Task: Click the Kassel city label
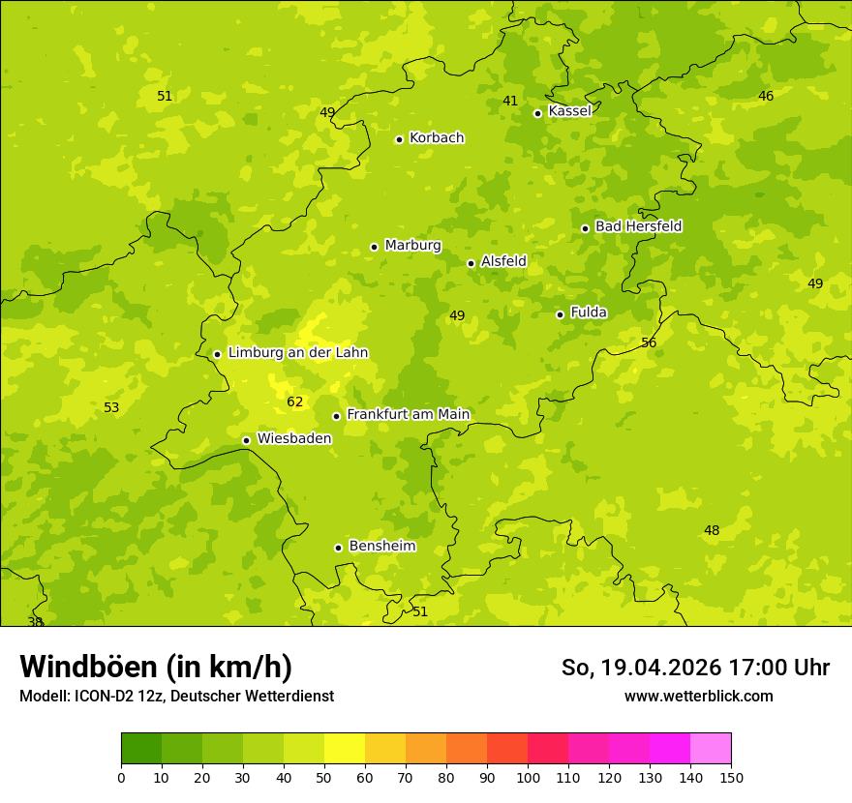[569, 111]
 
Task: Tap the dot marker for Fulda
[560, 314]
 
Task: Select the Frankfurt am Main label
[408, 415]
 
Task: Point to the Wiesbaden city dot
[247, 440]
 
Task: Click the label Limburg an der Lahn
[297, 353]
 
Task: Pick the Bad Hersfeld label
[638, 226]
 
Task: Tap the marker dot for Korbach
[399, 139]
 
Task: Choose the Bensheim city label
[381, 547]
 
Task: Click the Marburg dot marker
[374, 247]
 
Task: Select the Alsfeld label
[503, 261]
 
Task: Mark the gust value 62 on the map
[295, 401]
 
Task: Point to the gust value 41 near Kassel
[510, 101]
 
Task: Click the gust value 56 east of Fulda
[649, 342]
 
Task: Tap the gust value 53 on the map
[111, 407]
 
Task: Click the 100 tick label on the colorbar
[528, 777]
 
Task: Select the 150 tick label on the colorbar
[731, 777]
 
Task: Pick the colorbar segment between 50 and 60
[345, 749]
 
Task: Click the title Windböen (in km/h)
[156, 667]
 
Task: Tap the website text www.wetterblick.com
[698, 696]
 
